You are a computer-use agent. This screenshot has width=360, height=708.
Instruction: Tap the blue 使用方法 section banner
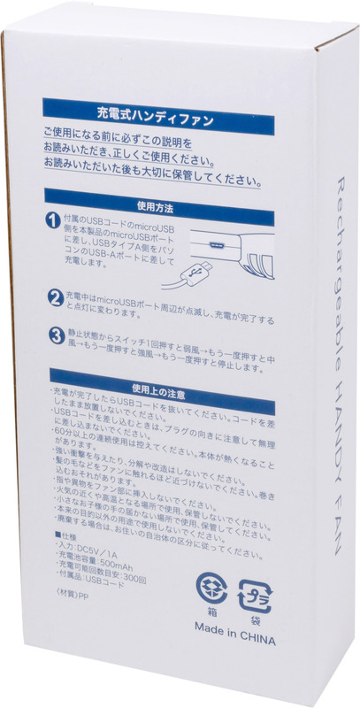point(156,206)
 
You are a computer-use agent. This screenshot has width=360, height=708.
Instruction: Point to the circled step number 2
point(53,297)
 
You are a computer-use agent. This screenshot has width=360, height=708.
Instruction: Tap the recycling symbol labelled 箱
point(212,591)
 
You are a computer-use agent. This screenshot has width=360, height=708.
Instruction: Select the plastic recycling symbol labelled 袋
point(258,590)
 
